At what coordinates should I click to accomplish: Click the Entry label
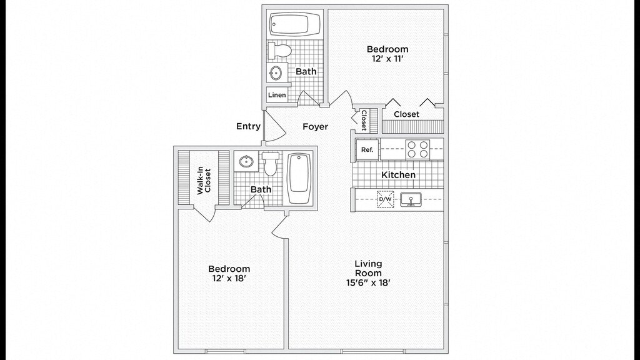[248, 126]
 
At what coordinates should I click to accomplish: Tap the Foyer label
[316, 127]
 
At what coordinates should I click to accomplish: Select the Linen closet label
[277, 95]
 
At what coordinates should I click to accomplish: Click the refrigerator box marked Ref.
[367, 149]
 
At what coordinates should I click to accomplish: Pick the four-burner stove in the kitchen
[417, 149]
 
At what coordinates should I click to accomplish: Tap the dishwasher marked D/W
[385, 199]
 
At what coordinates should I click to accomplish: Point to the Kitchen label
[398, 175]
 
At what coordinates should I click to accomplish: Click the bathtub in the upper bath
[295, 26]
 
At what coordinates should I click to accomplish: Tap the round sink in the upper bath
[276, 73]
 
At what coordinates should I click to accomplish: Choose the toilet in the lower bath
[270, 164]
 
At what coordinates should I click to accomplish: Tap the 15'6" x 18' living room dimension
[368, 282]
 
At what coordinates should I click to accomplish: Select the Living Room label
[368, 268]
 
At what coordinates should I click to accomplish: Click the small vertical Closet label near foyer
[364, 120]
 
